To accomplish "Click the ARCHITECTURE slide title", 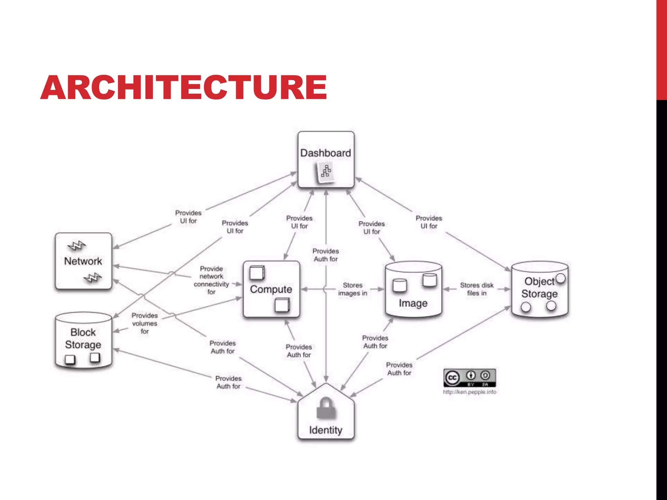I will pyautogui.click(x=183, y=87).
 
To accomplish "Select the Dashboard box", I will pyautogui.click(x=326, y=159).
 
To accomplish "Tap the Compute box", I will pyautogui.click(x=271, y=289).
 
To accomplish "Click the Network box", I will pyautogui.click(x=83, y=261).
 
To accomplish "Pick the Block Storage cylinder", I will pyautogui.click(x=83, y=340).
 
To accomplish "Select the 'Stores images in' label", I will pyautogui.click(x=353, y=289).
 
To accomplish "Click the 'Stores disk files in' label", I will pyautogui.click(x=476, y=289).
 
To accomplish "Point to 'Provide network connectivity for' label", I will pyautogui.click(x=211, y=280).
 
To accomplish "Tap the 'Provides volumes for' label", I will pyautogui.click(x=145, y=323).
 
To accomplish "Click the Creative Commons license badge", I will pyautogui.click(x=469, y=378).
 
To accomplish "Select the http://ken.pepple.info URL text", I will pyautogui.click(x=469, y=392).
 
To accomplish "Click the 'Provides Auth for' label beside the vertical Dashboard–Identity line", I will pyautogui.click(x=326, y=255).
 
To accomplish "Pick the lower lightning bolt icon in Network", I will pyautogui.click(x=92, y=278).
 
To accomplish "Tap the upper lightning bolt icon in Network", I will pyautogui.click(x=77, y=246).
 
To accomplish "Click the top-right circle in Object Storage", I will pyautogui.click(x=561, y=278).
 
